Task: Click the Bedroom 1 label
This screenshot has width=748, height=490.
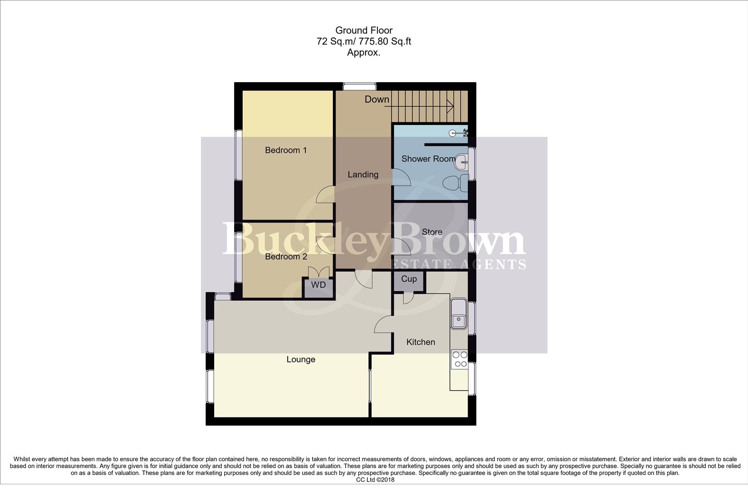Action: (x=286, y=150)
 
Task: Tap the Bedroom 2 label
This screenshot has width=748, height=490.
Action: (x=286, y=257)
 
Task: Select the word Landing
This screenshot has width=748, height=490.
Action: (x=363, y=175)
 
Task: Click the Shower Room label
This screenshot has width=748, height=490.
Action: (x=428, y=159)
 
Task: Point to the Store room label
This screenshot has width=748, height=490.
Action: (x=432, y=232)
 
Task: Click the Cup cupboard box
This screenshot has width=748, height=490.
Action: (x=409, y=279)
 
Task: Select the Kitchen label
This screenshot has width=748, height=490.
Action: (x=420, y=342)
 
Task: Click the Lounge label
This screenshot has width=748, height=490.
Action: (x=301, y=360)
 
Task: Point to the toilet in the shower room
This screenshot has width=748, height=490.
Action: (x=455, y=184)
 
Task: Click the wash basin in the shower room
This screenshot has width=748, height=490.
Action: (x=462, y=160)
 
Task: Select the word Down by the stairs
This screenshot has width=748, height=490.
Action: (x=376, y=99)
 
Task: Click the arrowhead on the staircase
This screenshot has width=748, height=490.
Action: (x=451, y=106)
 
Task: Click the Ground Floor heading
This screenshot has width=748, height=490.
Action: (x=364, y=30)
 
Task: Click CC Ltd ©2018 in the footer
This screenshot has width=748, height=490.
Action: (x=375, y=480)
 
